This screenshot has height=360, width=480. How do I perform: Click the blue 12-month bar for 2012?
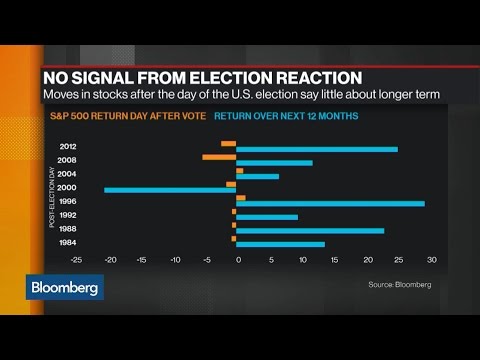click(x=317, y=149)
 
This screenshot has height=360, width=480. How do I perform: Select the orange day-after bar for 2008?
click(x=219, y=157)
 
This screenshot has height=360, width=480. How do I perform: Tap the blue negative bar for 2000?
click(x=170, y=190)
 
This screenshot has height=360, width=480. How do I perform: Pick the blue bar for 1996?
click(x=331, y=204)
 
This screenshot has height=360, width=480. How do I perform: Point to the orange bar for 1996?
click(x=241, y=198)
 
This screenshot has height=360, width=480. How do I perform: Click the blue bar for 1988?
click(x=310, y=231)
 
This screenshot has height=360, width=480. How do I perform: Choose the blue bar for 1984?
click(x=281, y=245)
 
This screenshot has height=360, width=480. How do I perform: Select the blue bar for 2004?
click(x=258, y=176)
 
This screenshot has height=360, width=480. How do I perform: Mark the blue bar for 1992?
click(x=267, y=217)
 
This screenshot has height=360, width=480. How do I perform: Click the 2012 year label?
click(x=68, y=146)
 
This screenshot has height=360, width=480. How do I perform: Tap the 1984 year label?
click(x=68, y=242)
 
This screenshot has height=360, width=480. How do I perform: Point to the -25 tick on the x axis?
click(x=76, y=260)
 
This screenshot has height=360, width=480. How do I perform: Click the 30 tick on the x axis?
click(x=432, y=260)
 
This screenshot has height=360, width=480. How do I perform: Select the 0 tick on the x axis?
click(x=238, y=260)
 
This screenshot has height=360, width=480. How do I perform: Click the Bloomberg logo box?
click(x=65, y=287)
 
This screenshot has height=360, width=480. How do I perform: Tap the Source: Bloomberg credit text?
click(x=400, y=285)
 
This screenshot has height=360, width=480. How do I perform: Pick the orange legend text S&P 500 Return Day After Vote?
click(x=128, y=116)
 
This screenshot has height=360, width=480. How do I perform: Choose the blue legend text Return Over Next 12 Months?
click(x=286, y=116)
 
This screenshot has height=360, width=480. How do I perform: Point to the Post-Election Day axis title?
click(x=52, y=197)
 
